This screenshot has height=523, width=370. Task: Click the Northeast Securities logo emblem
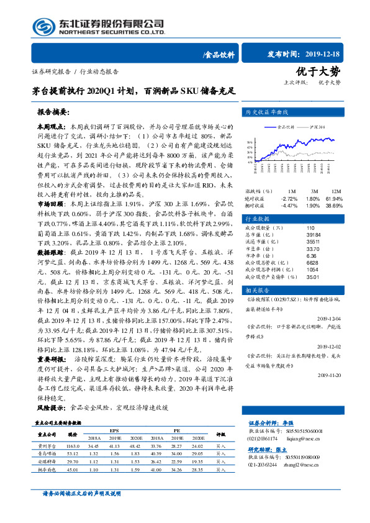43,27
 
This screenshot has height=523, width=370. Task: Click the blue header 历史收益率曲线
267,113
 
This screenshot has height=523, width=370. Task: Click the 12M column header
336,190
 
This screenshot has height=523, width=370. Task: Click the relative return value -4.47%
289,205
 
